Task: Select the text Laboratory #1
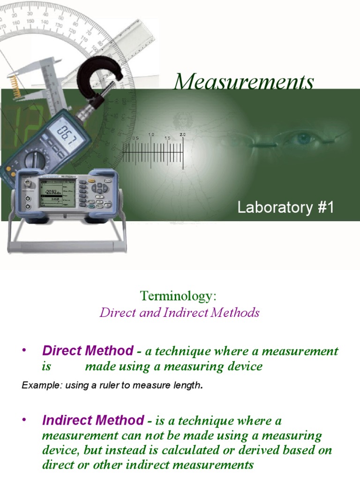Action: coord(285,208)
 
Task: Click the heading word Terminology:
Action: coord(179,296)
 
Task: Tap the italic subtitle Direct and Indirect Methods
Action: coord(180,313)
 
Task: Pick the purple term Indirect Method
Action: coord(93,420)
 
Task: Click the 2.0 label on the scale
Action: coord(182,135)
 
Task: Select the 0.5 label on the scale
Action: coord(135,139)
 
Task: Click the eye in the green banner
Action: coord(304,138)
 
